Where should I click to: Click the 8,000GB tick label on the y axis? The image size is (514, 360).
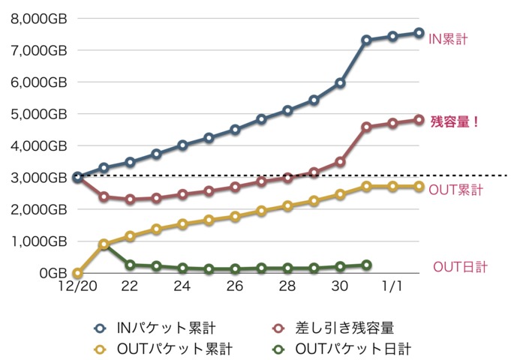pyautogui.click(x=38, y=19)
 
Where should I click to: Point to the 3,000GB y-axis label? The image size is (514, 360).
pyautogui.click(x=38, y=178)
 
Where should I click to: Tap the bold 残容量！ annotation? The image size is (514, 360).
pyautogui.click(x=455, y=121)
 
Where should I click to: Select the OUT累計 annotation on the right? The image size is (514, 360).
pyautogui.click(x=455, y=190)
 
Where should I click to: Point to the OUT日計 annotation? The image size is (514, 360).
pyautogui.click(x=460, y=267)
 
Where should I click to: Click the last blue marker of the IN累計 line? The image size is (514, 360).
pyautogui.click(x=419, y=33)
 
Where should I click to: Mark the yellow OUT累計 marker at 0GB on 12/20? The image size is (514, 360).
pyautogui.click(x=77, y=273)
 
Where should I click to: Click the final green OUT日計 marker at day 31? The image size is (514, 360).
pyautogui.click(x=366, y=265)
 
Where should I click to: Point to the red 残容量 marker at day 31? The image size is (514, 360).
pyautogui.click(x=366, y=127)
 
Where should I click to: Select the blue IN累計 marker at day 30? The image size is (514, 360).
pyautogui.click(x=340, y=83)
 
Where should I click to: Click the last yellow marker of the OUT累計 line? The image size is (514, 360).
pyautogui.click(x=419, y=186)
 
